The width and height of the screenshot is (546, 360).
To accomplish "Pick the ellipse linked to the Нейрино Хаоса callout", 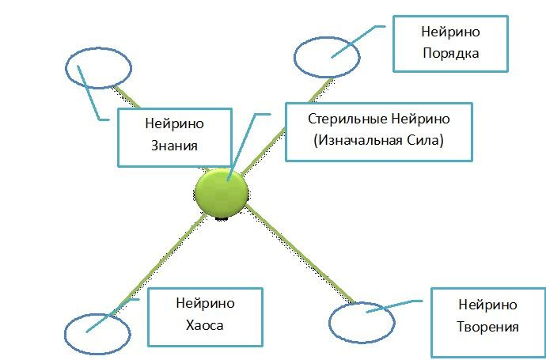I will click(x=96, y=332).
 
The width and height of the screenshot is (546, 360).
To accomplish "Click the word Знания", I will click(x=174, y=146).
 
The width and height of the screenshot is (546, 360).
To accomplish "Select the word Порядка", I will click(x=452, y=53).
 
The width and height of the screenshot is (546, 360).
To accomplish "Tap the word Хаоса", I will click(x=205, y=325).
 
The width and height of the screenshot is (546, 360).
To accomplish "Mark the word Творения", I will click(x=487, y=327).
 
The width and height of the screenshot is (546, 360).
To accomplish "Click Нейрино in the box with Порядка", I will click(x=452, y=32).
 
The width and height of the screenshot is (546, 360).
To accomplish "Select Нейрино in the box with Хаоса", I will click(x=205, y=303).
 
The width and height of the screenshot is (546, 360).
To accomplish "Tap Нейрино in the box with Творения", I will click(x=487, y=305).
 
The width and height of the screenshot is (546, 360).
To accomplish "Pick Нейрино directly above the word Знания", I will click(x=174, y=124).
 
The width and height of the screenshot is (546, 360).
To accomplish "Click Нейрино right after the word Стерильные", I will click(x=420, y=119).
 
